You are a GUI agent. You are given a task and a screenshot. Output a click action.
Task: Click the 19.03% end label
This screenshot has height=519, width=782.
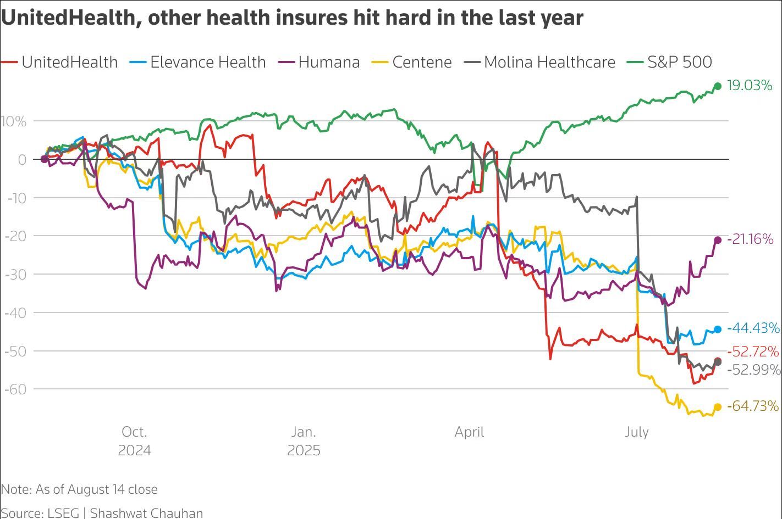click(750, 86)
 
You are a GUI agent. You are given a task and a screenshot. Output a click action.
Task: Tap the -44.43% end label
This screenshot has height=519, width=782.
click(753, 328)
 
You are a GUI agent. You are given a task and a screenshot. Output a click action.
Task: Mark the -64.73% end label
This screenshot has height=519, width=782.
click(753, 406)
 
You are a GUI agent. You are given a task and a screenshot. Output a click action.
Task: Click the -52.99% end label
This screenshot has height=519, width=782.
click(753, 370)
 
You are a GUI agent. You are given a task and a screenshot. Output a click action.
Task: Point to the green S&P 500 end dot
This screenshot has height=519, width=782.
click(718, 86)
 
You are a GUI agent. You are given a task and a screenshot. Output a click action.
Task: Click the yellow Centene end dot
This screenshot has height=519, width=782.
click(718, 407)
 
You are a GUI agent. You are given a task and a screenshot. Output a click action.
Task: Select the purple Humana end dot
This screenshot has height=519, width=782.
click(718, 240)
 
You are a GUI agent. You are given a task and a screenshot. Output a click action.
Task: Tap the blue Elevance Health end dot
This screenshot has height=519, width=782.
click(718, 330)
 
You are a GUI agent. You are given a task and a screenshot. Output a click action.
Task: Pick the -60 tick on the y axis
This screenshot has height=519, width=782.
click(15, 389)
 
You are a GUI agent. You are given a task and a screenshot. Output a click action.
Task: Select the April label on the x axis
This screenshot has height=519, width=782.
click(469, 432)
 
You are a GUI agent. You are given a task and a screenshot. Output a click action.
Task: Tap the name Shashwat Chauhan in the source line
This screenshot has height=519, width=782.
click(146, 513)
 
